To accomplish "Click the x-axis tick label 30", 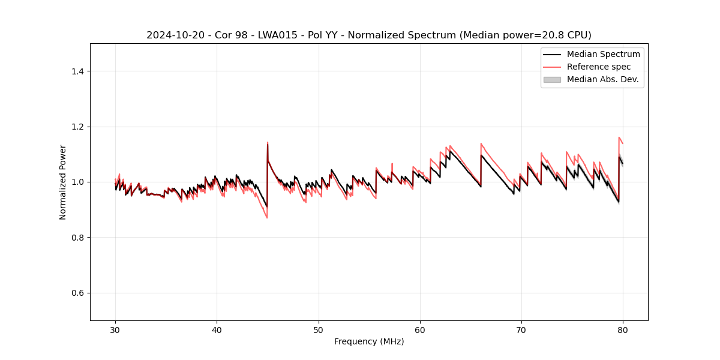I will (115, 330).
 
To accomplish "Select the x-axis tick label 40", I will (217, 330).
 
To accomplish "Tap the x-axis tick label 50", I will (319, 330).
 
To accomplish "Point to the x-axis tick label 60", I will (420, 330).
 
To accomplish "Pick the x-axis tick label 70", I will (521, 330).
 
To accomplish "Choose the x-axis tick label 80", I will (623, 330).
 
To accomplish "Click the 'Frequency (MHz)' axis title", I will (369, 341).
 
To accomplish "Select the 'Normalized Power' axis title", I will (63, 182).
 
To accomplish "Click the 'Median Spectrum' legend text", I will (603, 54).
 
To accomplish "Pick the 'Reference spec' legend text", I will (599, 67).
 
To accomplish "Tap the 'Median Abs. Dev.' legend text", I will (602, 79).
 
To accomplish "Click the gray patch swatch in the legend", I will (552, 79).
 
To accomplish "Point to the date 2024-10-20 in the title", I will (171, 35).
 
